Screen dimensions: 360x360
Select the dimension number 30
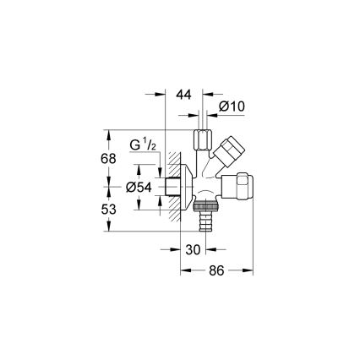[x=194, y=249]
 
